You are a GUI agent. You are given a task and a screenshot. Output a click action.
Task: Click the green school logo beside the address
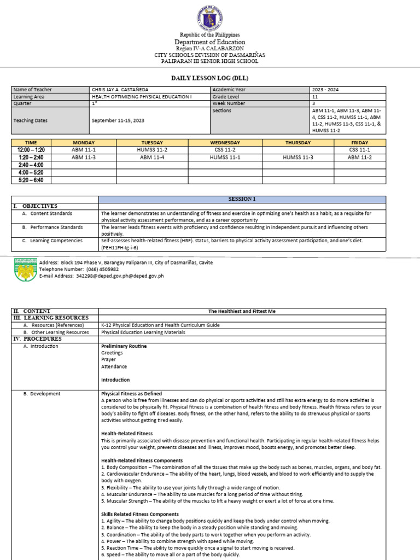coord(25,270)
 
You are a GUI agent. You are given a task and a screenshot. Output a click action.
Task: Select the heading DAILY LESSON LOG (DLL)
coord(210,78)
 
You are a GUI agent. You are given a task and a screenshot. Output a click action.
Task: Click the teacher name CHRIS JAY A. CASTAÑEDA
coord(120,90)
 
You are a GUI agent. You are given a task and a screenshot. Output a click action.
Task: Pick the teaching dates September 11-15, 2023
coord(118,120)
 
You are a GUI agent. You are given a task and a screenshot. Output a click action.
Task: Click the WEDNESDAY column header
coord(225,143)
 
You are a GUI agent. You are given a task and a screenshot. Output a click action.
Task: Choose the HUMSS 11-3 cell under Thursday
coord(298,157)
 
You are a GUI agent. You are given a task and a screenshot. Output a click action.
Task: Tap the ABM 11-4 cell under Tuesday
coord(151,157)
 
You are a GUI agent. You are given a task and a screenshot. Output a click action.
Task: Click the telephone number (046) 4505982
coord(104,270)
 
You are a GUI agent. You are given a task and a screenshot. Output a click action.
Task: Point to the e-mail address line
coord(101,276)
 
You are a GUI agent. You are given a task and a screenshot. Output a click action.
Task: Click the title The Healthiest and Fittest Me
coord(242,311)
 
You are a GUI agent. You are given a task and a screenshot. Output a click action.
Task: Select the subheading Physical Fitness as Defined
coord(131,394)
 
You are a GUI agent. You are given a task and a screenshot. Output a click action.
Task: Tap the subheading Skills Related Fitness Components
coord(140,514)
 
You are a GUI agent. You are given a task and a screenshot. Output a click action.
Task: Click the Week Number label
coord(227,103)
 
